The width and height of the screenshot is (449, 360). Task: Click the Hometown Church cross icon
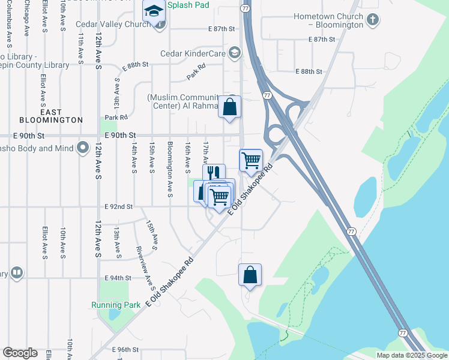372,20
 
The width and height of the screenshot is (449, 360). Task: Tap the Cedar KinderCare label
192,53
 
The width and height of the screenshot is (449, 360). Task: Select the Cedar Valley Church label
113,25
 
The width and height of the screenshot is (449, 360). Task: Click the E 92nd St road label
118,207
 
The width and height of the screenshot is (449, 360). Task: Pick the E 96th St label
125,349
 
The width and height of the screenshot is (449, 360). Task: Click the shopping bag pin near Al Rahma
229,107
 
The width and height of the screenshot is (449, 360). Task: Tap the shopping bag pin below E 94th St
250,275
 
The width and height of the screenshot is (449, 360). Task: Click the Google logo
20,353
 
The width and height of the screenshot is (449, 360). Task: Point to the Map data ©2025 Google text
412,355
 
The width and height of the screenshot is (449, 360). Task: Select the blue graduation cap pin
154,11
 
